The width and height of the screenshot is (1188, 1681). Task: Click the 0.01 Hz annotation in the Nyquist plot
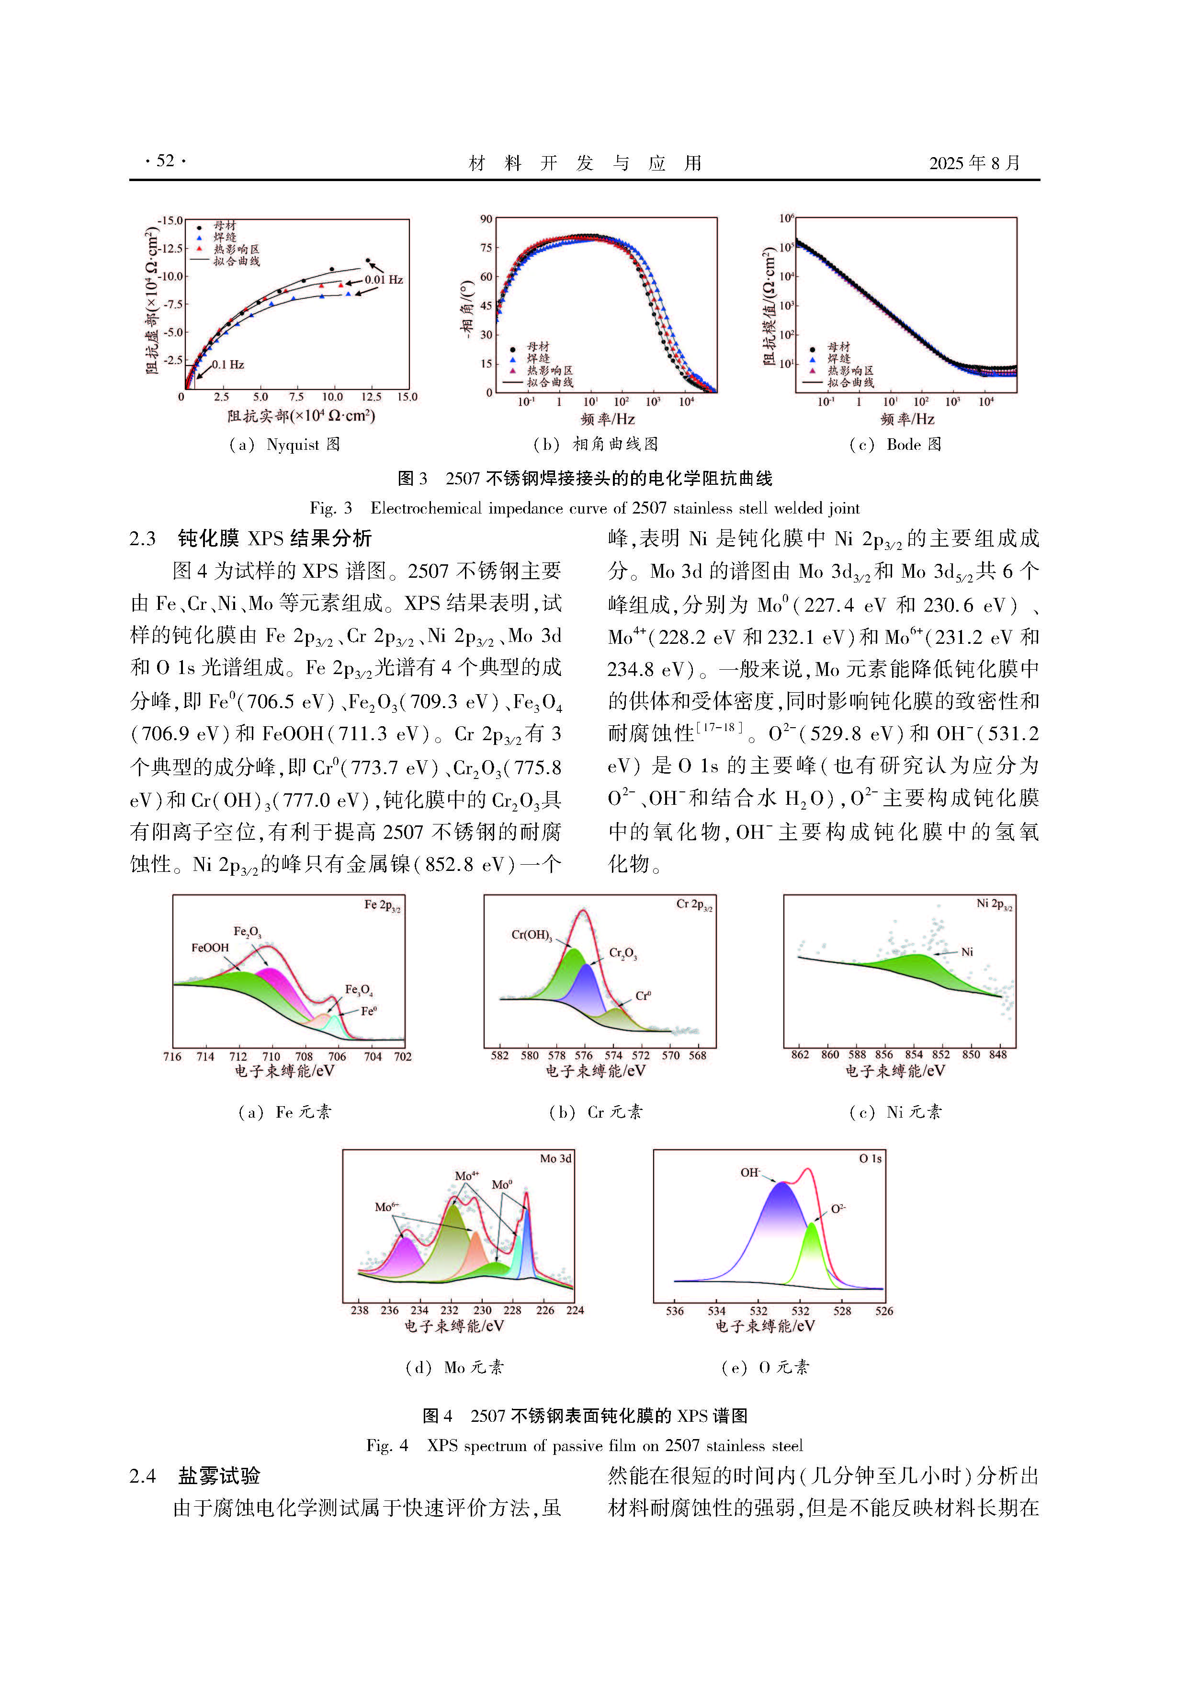tap(384, 280)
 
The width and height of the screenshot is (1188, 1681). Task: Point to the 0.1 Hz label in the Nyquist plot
tap(227, 365)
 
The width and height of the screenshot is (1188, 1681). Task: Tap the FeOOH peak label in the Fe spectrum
tap(210, 948)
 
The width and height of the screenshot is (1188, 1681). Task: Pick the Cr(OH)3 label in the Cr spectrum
tap(532, 935)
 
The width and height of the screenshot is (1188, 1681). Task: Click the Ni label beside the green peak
tap(967, 952)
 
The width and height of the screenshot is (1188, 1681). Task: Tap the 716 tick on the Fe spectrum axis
tap(172, 1056)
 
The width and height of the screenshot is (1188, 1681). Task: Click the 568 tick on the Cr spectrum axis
tap(698, 1056)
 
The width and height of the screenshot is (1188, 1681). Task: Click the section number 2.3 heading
tap(143, 539)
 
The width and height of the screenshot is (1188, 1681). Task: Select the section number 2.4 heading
tap(143, 1476)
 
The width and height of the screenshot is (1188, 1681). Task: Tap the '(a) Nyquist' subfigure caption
tap(284, 445)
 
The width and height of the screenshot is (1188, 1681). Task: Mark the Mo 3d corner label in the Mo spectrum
tap(555, 1159)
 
